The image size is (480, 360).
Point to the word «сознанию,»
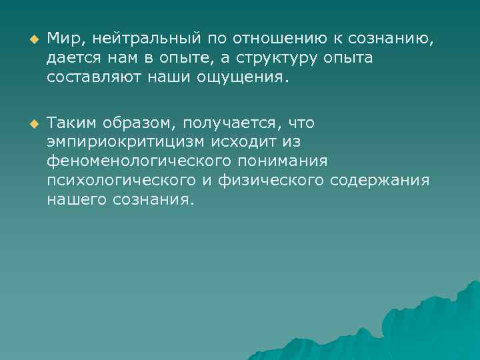(x=393, y=39)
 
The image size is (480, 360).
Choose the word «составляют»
(x=91, y=78)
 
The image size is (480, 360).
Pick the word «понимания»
(x=295, y=161)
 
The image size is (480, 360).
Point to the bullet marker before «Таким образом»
(x=28, y=123)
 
